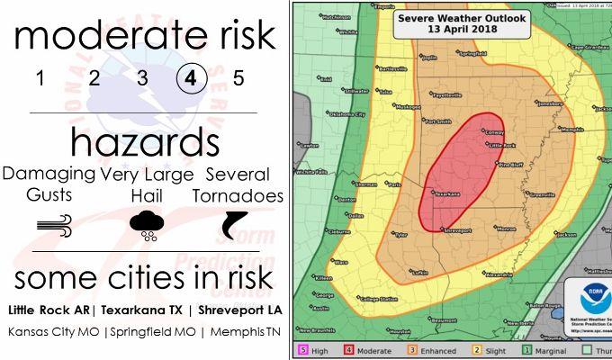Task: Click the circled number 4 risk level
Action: (x=191, y=77)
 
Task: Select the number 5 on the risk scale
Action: (x=238, y=77)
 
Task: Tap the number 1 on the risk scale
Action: (x=40, y=77)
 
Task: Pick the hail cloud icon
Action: (x=146, y=224)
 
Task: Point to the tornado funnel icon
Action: (x=236, y=224)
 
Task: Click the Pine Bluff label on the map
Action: (x=511, y=165)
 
